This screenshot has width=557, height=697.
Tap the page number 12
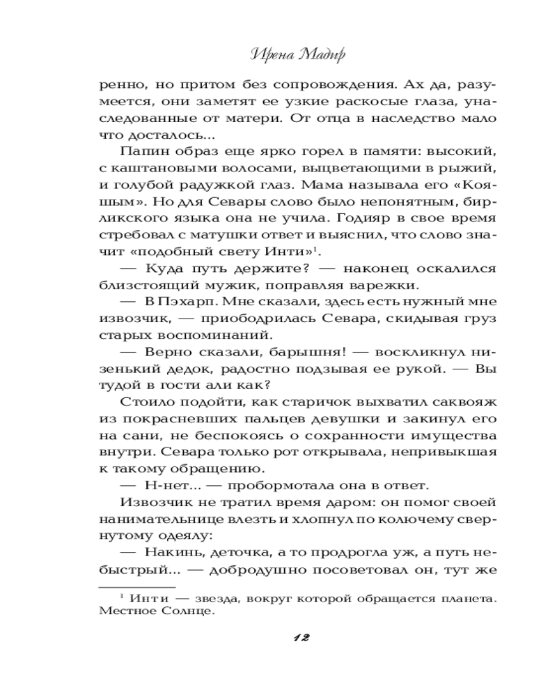click(x=301, y=638)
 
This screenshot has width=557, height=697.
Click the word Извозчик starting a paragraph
click(x=156, y=504)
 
